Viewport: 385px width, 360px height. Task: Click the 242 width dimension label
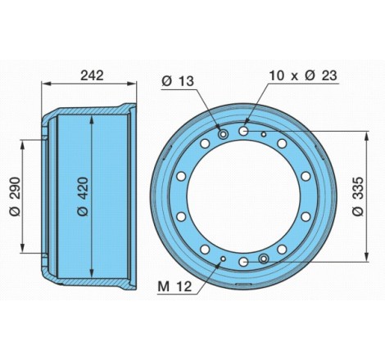(x=92, y=75)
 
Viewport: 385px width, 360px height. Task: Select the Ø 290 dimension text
(x=15, y=196)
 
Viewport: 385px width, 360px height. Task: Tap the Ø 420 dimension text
(x=83, y=196)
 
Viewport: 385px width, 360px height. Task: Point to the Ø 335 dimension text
(x=358, y=196)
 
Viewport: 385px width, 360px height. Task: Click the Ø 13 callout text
(x=178, y=81)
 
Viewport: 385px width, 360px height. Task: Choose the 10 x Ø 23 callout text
(x=303, y=75)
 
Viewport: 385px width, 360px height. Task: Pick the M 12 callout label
(x=174, y=286)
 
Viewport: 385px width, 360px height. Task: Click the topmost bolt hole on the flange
(x=243, y=131)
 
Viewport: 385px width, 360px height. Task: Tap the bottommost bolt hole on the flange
(x=243, y=263)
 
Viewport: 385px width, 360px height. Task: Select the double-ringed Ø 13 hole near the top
(x=224, y=134)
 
